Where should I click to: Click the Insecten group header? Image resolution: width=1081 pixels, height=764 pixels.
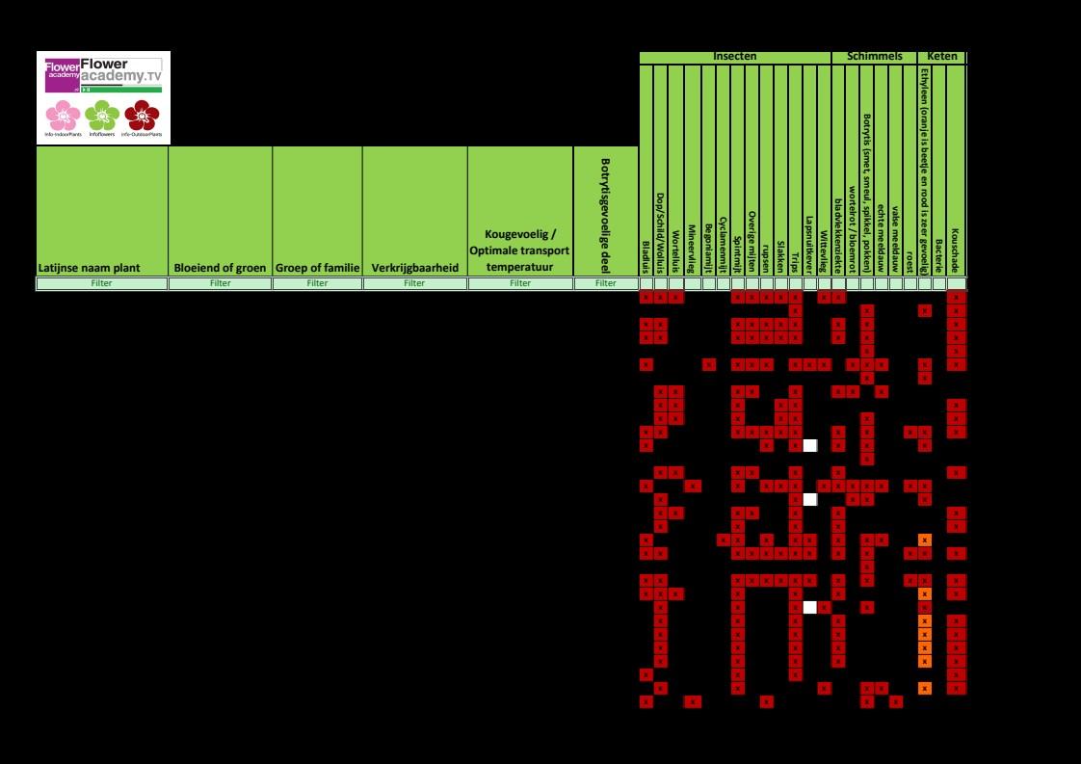pyautogui.click(x=734, y=57)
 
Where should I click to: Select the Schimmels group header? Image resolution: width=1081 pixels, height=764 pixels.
pyautogui.click(x=873, y=57)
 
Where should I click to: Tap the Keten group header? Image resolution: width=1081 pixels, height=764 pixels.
pyautogui.click(x=941, y=57)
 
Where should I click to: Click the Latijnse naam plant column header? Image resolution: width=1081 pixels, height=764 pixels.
pyautogui.click(x=102, y=267)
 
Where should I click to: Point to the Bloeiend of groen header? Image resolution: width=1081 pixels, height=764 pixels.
pyautogui.click(x=221, y=267)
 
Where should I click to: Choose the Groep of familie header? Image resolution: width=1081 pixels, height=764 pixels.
pyautogui.click(x=317, y=267)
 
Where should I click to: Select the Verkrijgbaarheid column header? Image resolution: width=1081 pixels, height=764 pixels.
pyautogui.click(x=414, y=267)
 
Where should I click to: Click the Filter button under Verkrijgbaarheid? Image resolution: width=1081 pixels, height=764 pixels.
pyautogui.click(x=414, y=283)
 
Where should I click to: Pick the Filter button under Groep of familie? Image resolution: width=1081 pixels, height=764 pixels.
pyautogui.click(x=317, y=283)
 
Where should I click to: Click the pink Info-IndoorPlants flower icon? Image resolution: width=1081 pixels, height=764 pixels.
pyautogui.click(x=63, y=117)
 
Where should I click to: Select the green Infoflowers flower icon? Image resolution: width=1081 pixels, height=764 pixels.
pyautogui.click(x=101, y=117)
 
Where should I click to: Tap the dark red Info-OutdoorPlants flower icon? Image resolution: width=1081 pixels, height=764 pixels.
pyautogui.click(x=142, y=117)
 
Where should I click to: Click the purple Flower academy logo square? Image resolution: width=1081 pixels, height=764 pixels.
pyautogui.click(x=63, y=75)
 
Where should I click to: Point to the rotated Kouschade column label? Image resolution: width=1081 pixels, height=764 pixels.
pyautogui.click(x=956, y=250)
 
